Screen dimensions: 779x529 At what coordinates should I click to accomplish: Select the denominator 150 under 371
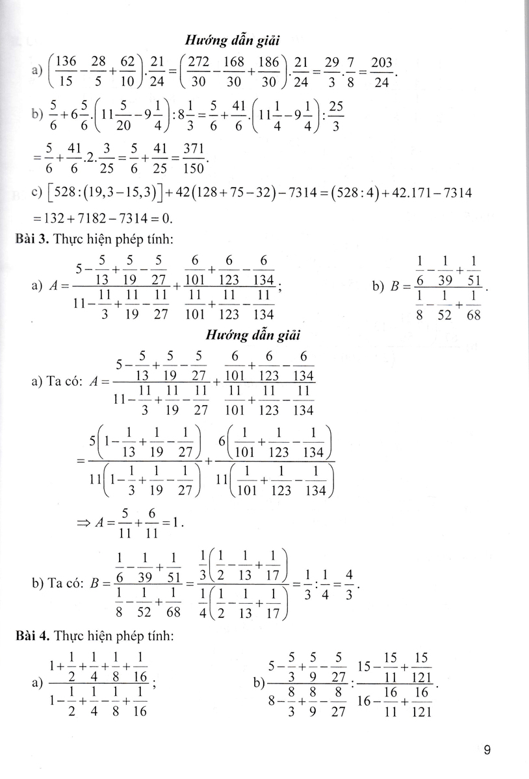[x=194, y=169]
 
